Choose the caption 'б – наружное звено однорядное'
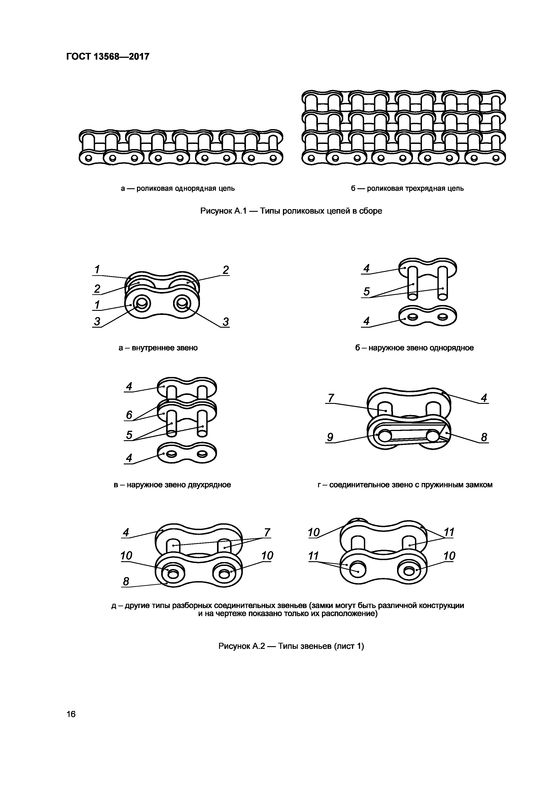414,348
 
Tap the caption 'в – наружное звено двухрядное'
172,485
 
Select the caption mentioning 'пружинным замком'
405,485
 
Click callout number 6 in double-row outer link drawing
129,415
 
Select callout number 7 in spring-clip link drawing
331,398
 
